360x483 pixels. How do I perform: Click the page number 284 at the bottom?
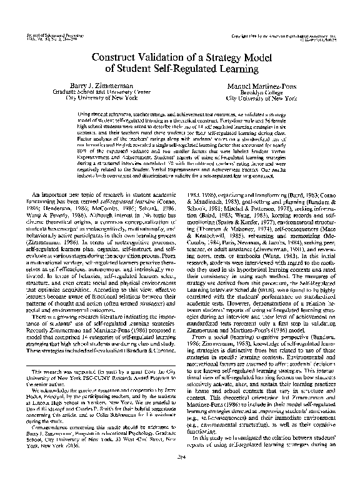180,474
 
